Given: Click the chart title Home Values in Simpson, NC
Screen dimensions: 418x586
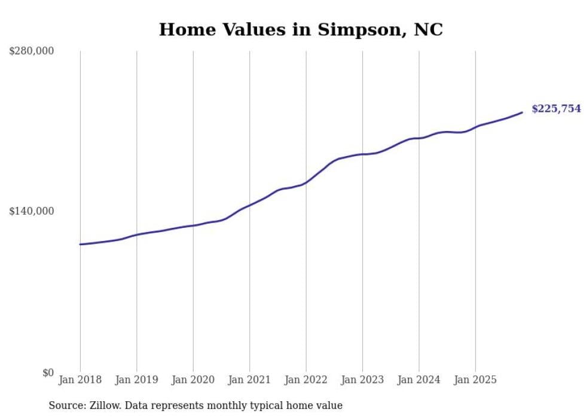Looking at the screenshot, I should pos(301,29).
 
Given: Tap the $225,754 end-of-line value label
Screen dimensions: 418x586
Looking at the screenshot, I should pos(556,109).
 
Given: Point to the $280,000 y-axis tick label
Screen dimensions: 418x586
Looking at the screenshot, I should pos(31,51).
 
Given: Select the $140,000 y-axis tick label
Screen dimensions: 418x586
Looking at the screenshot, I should pos(31,212).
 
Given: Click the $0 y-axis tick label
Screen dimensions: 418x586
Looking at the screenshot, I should pos(48,373).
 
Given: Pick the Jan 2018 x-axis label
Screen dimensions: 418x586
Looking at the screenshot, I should pos(80,380).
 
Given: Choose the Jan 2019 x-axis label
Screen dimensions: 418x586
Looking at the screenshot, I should pos(136,380).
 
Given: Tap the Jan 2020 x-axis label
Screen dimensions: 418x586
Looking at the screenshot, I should pos(193,380).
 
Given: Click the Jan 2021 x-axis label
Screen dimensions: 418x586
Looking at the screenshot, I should pos(249,380).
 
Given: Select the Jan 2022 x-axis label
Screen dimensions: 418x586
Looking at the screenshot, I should pos(306,380).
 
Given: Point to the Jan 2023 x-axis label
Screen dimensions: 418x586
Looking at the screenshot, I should pos(362,380).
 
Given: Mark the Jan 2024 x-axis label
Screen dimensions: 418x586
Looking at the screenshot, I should pos(419,380).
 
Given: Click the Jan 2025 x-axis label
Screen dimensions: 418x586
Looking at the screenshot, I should pos(475,380).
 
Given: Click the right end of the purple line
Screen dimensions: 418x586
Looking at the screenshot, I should pos(522,112).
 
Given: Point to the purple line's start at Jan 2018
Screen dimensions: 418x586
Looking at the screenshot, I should pos(80,244).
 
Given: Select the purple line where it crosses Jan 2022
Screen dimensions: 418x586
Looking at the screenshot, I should pos(306,182).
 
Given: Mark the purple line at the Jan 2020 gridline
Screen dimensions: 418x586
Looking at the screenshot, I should pos(193,225).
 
